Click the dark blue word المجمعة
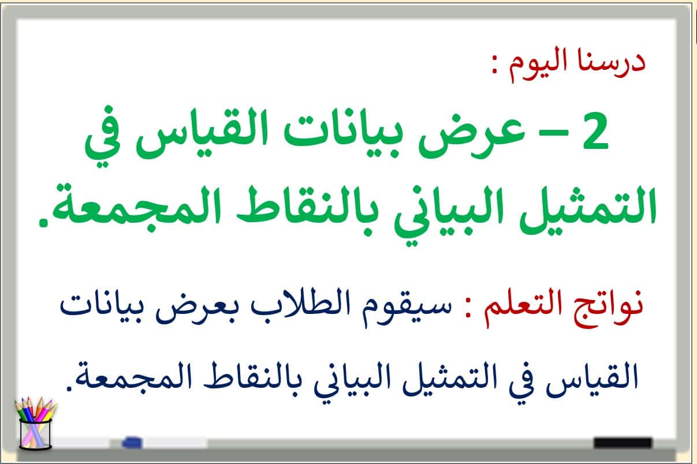[134, 377]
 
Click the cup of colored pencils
[35, 423]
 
